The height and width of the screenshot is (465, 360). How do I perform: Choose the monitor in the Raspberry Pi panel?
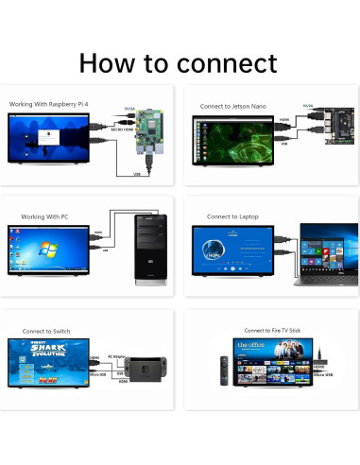click(x=46, y=140)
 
